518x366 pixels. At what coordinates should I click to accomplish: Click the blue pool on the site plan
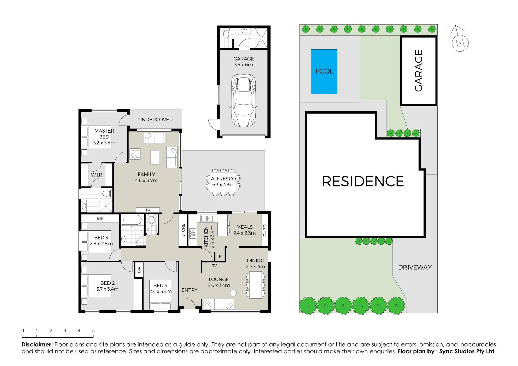coord(324,72)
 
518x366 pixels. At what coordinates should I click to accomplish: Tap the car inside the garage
coord(243,100)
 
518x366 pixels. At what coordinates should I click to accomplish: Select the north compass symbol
coord(460,42)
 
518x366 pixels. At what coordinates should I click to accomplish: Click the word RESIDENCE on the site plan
coord(362,181)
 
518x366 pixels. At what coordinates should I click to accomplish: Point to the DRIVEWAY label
coord(415,267)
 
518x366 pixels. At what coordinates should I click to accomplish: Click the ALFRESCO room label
coord(223,179)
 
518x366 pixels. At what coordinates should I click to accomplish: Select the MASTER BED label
coord(104,134)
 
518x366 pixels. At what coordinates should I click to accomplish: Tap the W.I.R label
coord(96,175)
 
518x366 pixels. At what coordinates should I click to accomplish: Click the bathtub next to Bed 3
coord(131,220)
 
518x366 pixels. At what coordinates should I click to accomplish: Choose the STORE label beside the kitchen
coord(183,230)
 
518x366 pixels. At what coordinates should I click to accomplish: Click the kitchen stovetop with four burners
coord(193,233)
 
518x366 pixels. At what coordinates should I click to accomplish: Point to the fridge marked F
coord(220,257)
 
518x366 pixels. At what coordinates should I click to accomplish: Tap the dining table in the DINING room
coord(255,285)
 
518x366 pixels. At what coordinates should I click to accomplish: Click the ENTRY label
coord(189,290)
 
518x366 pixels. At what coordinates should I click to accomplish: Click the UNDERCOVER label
coord(155,120)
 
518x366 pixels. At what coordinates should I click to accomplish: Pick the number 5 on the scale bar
coord(93,330)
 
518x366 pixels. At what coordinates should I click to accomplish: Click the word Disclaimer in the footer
coord(37,344)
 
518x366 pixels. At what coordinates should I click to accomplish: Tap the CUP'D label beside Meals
coord(265,230)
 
